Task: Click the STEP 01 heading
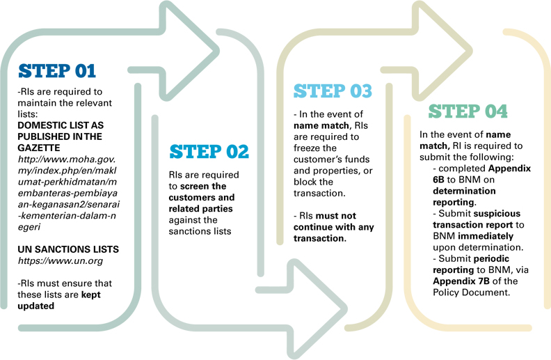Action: (57, 71)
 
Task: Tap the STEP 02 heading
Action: (209, 152)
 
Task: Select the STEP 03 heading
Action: (333, 91)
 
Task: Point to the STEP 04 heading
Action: (468, 111)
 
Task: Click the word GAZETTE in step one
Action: (39, 148)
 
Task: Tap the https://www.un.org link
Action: (61, 261)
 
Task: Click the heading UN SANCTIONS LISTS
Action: (68, 249)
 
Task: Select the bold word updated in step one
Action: (36, 306)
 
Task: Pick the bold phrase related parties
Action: (200, 209)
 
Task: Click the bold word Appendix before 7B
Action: (454, 281)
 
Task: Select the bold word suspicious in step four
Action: (497, 214)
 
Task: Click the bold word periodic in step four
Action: (491, 259)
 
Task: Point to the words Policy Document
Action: (470, 292)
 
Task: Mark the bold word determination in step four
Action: (464, 191)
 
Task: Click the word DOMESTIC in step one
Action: (39, 125)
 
